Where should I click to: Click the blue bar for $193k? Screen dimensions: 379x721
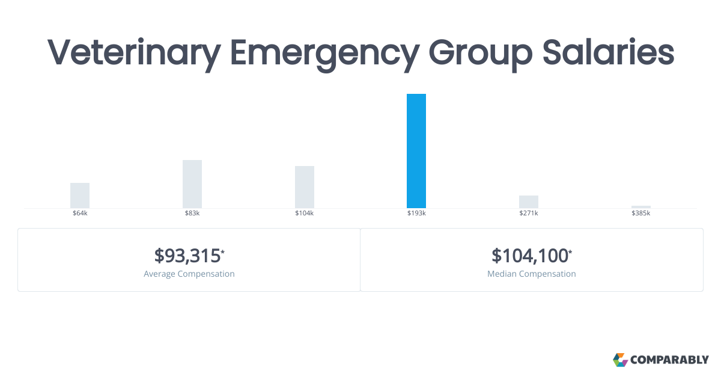(x=416, y=151)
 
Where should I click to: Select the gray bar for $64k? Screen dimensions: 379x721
(x=80, y=196)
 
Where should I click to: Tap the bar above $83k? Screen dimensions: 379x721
(x=192, y=184)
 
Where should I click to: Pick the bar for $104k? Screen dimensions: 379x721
(x=305, y=187)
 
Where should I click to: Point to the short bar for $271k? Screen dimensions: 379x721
(x=529, y=202)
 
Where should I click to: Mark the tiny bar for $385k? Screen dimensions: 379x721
(x=641, y=207)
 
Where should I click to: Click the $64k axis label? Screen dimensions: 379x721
(x=80, y=214)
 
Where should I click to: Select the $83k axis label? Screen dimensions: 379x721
(x=192, y=214)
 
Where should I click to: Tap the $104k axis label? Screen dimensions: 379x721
(x=305, y=214)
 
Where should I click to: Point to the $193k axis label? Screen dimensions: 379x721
(x=416, y=214)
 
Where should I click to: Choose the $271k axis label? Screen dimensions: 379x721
(x=529, y=214)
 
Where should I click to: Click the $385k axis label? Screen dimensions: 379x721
(x=641, y=214)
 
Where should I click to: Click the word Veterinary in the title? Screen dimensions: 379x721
(x=133, y=53)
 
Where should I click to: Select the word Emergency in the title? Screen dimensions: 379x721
(x=324, y=53)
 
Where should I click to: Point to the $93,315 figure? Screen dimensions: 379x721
(x=187, y=256)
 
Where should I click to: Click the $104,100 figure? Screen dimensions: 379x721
(x=530, y=256)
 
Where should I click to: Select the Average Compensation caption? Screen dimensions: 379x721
(x=189, y=274)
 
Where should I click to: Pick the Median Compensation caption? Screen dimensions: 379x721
(x=532, y=274)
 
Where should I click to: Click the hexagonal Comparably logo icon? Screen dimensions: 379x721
(x=620, y=360)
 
